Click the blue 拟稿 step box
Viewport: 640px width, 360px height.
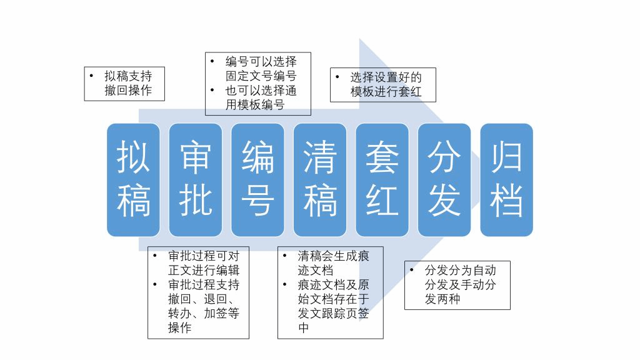pyautogui.click(x=133, y=179)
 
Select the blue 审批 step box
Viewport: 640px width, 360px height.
pyautogui.click(x=196, y=179)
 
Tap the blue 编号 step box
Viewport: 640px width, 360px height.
pyautogui.click(x=257, y=179)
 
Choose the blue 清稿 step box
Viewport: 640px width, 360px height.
pyautogui.click(x=320, y=179)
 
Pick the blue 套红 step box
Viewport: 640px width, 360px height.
pyautogui.click(x=382, y=179)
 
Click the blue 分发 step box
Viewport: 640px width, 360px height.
pyautogui.click(x=444, y=179)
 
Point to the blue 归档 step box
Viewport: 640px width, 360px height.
pyautogui.click(x=506, y=179)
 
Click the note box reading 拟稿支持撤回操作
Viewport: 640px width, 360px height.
pyautogui.click(x=124, y=84)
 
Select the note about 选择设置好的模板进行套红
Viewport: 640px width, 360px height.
pyautogui.click(x=383, y=85)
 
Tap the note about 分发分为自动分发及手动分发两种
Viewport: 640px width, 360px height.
pyautogui.click(x=457, y=285)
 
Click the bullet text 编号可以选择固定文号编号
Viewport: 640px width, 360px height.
pyautogui.click(x=261, y=69)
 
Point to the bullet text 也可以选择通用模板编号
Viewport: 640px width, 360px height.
pyautogui.click(x=261, y=97)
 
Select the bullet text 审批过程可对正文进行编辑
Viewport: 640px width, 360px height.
pyautogui.click(x=204, y=263)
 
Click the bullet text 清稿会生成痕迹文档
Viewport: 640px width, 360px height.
pyautogui.click(x=333, y=263)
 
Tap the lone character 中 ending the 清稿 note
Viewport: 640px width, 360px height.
pyautogui.click(x=303, y=327)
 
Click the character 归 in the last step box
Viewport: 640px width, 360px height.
pyautogui.click(x=506, y=157)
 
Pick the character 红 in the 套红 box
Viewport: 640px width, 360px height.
pyautogui.click(x=382, y=200)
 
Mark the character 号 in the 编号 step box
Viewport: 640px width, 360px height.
pyautogui.click(x=257, y=200)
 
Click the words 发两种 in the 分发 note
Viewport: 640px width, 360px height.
pyautogui.click(x=442, y=299)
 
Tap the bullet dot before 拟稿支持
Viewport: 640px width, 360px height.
pyautogui.click(x=91, y=76)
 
